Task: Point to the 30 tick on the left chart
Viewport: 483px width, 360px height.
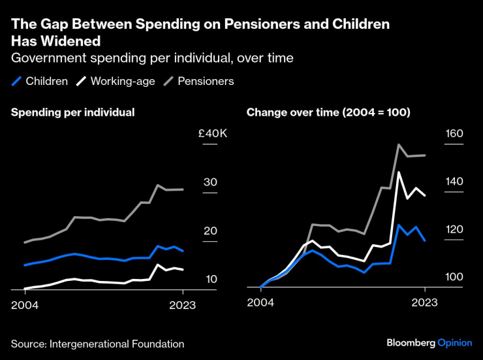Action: tap(210, 182)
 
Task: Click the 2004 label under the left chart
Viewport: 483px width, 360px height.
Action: tap(24, 305)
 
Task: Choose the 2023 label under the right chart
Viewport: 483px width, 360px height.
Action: tap(424, 302)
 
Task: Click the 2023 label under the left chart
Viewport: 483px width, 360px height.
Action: tap(183, 305)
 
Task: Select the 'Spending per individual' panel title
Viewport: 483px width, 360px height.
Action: tap(72, 112)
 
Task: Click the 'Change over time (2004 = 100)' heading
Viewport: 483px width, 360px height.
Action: tap(328, 112)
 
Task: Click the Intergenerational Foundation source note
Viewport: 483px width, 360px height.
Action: tap(97, 344)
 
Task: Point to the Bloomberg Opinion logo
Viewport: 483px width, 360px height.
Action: tap(429, 343)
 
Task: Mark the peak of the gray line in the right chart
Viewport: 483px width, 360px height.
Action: tap(398, 144)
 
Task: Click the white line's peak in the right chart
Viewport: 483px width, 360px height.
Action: tap(398, 172)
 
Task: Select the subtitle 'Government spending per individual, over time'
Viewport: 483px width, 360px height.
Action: tap(152, 58)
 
